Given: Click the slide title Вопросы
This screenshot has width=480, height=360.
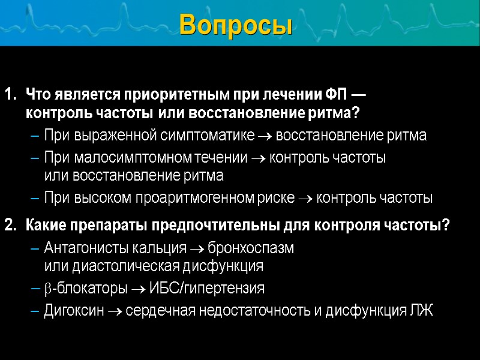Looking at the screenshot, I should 236,25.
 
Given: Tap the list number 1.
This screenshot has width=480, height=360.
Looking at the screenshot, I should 10,95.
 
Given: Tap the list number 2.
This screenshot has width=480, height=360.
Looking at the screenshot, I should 10,226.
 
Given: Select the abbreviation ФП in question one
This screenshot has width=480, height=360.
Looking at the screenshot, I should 335,95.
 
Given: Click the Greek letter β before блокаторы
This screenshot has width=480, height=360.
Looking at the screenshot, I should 48,289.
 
